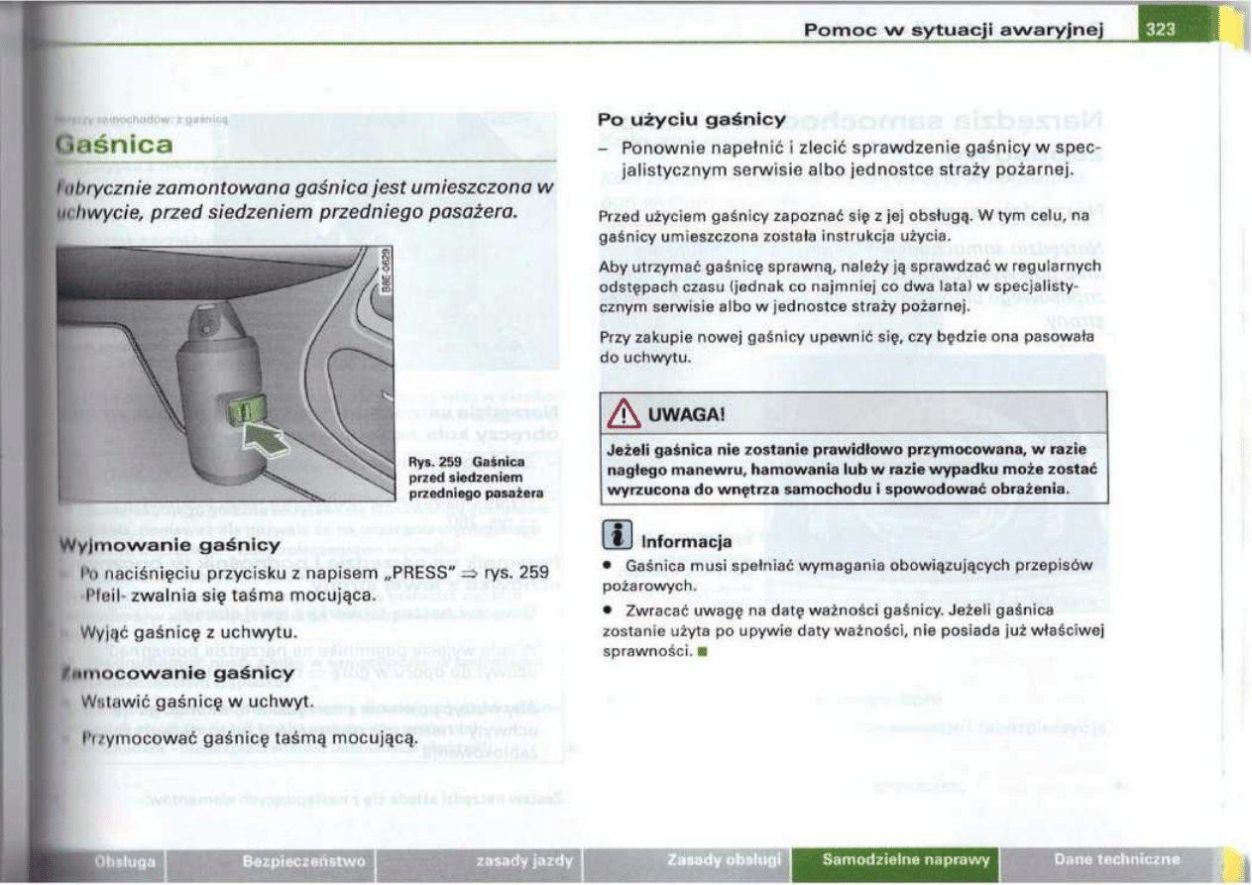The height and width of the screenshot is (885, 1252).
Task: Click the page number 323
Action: (1161, 29)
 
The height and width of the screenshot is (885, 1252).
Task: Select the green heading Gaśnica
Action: (117, 146)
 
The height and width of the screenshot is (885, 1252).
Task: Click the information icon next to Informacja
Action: (617, 540)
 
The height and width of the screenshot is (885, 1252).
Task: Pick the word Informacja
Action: (687, 542)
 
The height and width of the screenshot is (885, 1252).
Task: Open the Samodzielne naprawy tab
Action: (906, 859)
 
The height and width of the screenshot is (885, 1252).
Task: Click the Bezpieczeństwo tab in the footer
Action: (289, 860)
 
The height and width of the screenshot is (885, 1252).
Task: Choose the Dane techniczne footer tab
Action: (1117, 859)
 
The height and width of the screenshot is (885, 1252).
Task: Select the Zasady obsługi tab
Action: (725, 860)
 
